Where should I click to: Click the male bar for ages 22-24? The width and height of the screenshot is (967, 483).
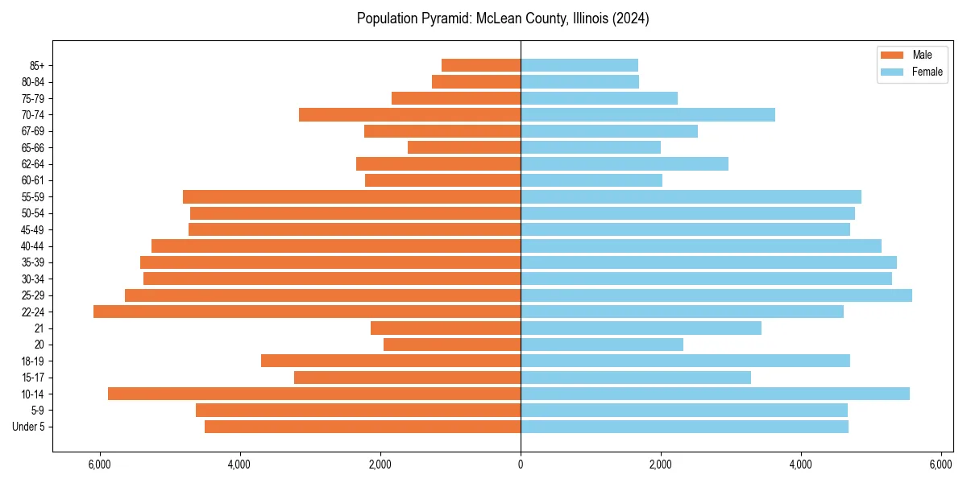click(x=307, y=312)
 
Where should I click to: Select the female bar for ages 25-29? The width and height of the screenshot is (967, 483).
click(x=716, y=295)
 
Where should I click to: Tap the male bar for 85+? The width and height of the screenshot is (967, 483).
click(x=481, y=65)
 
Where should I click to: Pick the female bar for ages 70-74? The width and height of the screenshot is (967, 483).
click(x=648, y=114)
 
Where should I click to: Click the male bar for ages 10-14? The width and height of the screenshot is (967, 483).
click(x=314, y=394)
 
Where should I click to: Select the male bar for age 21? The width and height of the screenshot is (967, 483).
click(x=446, y=328)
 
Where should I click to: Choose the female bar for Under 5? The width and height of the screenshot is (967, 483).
click(x=684, y=427)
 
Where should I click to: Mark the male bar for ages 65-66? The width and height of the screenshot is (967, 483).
click(x=464, y=147)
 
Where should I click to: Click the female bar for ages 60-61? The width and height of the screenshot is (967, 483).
click(x=591, y=180)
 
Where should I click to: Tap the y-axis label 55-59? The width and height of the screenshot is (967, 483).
click(x=33, y=197)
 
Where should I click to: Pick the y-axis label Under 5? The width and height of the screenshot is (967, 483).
click(x=29, y=427)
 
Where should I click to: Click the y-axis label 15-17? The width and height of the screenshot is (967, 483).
click(x=33, y=378)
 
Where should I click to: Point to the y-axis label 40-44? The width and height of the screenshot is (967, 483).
click(x=33, y=246)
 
